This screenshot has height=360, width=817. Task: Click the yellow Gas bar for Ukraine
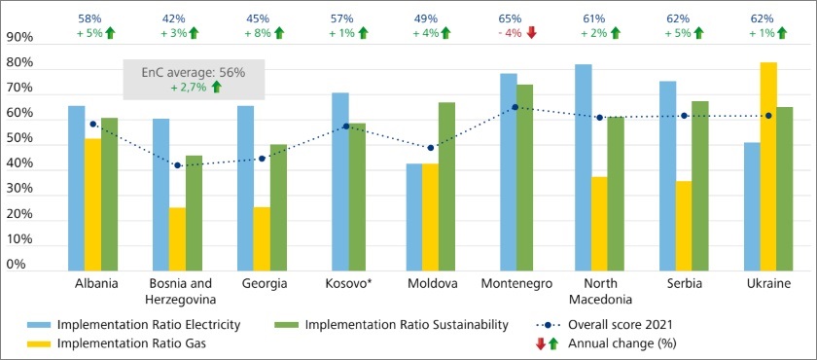768,166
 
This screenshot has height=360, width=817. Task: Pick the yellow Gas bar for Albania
92,204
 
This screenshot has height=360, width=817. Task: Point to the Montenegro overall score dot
515,108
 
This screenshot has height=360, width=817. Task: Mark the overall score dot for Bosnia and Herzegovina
177,165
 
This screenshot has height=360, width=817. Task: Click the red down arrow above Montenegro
532,33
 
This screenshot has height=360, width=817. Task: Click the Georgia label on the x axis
262,283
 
